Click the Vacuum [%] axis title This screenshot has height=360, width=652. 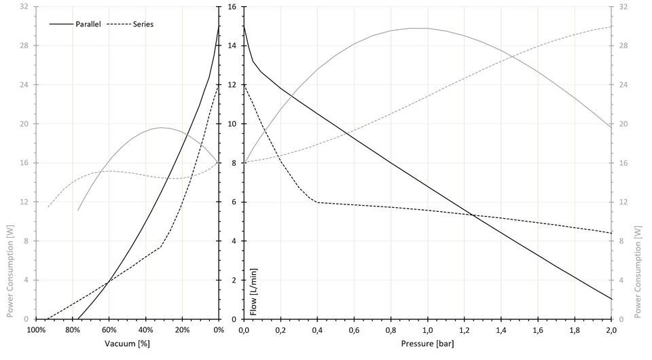click(x=127, y=343)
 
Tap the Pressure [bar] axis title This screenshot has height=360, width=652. click(x=427, y=343)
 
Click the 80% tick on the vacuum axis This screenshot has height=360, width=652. click(x=72, y=330)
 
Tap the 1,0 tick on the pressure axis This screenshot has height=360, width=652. click(x=427, y=330)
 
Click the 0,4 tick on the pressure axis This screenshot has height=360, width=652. click(x=317, y=330)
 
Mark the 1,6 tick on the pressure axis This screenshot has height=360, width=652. click(x=537, y=330)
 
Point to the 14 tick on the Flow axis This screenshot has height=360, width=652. click(x=232, y=46)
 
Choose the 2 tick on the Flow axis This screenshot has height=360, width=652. click(x=232, y=280)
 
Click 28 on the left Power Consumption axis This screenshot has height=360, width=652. click(x=24, y=46)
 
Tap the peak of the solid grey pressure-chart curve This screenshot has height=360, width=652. click(x=418, y=28)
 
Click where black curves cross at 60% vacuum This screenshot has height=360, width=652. click(x=109, y=280)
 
